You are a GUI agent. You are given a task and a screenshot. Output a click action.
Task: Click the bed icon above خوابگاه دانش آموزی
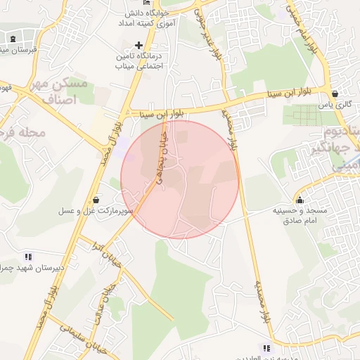click(x=146, y=4)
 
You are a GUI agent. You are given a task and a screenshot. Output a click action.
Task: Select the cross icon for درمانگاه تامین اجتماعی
click(x=139, y=45)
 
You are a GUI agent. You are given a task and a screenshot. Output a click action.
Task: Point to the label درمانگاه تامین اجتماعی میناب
click(x=139, y=60)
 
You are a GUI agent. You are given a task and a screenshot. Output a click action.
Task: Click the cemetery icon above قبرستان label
click(x=15, y=39)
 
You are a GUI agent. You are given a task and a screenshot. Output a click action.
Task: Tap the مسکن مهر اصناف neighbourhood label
click(x=70, y=91)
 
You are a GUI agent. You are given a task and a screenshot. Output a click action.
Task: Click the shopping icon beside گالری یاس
click(x=335, y=93)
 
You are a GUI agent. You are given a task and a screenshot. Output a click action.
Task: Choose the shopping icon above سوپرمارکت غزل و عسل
click(x=96, y=199)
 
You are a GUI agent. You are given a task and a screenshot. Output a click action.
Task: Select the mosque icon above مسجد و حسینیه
click(x=300, y=198)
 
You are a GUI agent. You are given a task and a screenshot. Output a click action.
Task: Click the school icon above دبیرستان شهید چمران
click(x=28, y=257)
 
